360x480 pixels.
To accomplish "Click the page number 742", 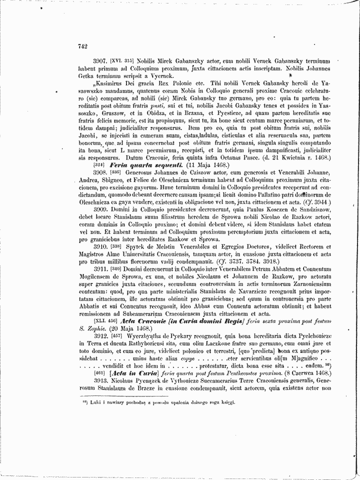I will click(83, 46).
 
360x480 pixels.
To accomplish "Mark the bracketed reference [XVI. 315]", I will click(122, 59).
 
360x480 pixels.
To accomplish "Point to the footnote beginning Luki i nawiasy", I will click(159, 401).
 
